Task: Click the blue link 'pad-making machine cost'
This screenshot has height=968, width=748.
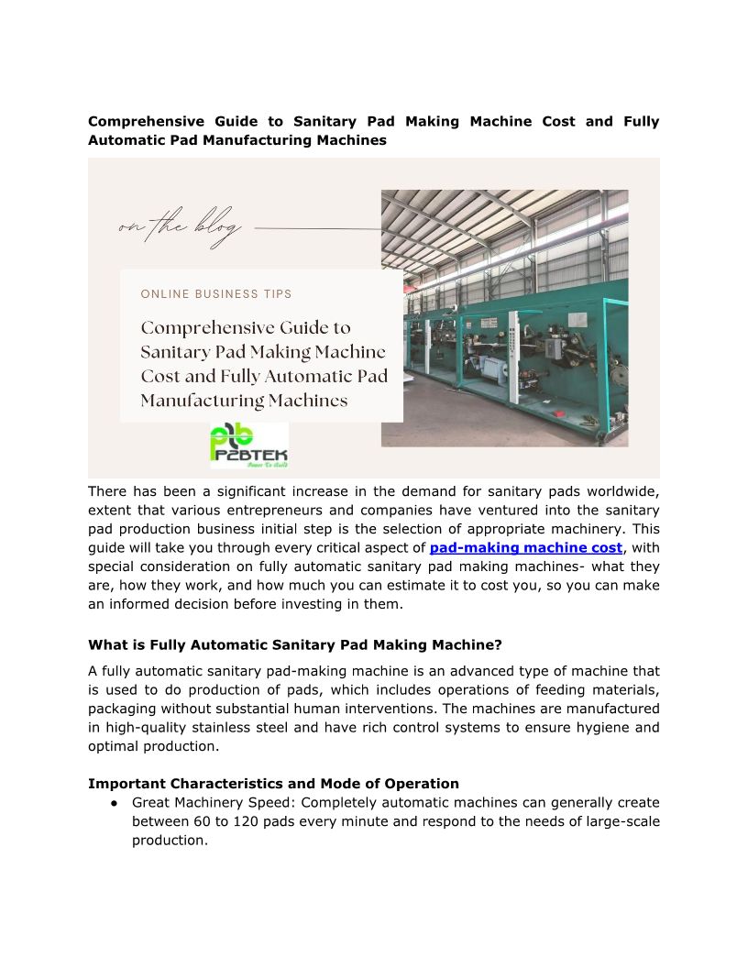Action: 525,548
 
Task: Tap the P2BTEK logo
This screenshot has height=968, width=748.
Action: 248,445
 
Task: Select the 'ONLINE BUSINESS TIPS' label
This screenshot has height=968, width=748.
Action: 216,294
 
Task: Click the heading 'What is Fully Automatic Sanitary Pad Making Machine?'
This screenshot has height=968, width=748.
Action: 294,644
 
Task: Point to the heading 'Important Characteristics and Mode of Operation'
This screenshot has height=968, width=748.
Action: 273,784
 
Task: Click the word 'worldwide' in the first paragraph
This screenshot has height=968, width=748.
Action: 621,491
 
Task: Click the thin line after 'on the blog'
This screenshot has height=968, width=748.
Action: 316,228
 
